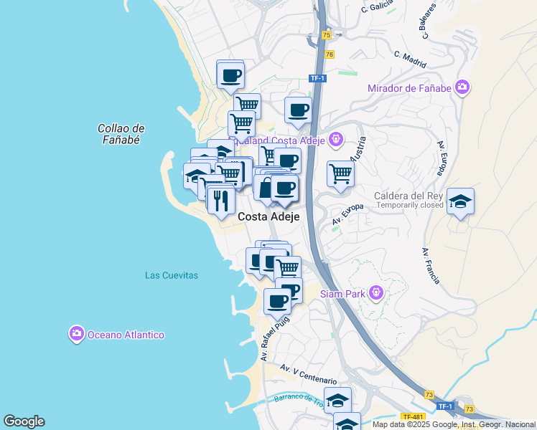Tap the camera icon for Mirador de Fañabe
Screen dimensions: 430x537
(462, 87)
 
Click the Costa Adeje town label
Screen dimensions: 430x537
(268, 216)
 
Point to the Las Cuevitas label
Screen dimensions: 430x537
(171, 275)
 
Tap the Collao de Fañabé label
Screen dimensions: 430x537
(121, 134)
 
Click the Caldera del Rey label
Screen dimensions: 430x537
(406, 196)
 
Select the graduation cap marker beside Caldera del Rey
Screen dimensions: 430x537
(459, 202)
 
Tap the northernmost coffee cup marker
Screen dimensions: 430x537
(230, 75)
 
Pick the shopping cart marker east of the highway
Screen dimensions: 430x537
(340, 173)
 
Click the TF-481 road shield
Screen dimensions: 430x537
(413, 416)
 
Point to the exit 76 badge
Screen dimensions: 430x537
(330, 54)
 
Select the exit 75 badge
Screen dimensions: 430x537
(327, 35)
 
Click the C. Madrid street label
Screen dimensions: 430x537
(410, 56)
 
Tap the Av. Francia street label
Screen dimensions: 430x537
(431, 266)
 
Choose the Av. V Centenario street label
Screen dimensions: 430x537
(308, 373)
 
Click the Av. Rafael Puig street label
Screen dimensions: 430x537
(274, 337)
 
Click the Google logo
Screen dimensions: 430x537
(24, 421)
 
